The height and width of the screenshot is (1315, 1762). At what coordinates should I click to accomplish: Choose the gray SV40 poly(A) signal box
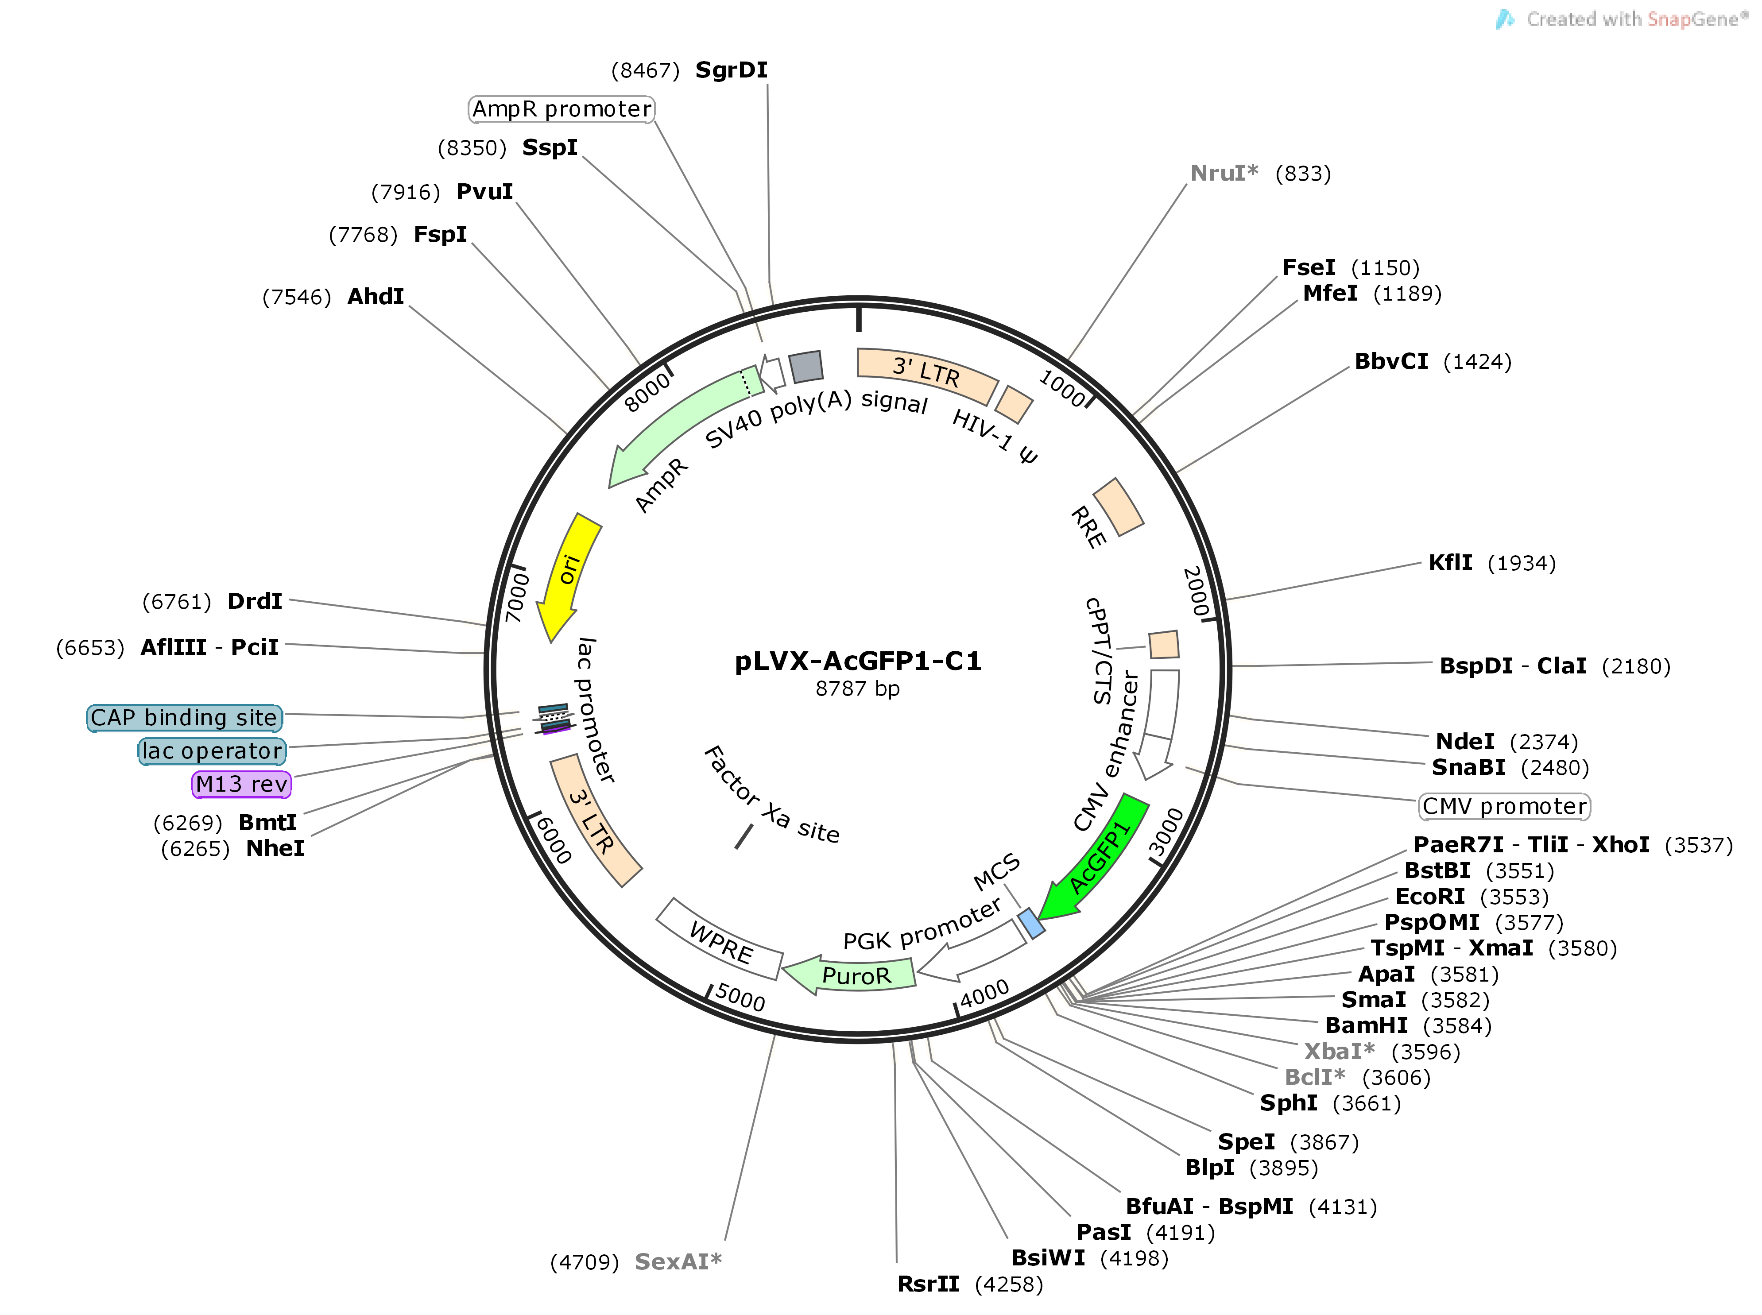[x=806, y=366]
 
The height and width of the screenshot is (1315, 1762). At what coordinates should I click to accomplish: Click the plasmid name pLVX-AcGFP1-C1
[x=857, y=661]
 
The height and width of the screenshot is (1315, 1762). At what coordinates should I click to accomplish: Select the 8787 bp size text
[x=857, y=688]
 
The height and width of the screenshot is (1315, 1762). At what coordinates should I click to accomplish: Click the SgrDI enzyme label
[x=731, y=70]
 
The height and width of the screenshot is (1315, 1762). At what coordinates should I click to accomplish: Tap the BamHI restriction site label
[x=1366, y=1025]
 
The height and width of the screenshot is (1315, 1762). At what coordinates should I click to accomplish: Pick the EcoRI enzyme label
[x=1430, y=896]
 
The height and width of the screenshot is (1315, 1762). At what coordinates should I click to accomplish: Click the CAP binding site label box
[x=184, y=717]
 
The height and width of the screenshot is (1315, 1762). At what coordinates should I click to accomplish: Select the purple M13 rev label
[x=241, y=784]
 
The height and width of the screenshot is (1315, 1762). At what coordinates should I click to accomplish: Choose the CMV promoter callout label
[x=1504, y=806]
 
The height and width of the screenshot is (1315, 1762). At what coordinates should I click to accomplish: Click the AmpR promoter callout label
[x=562, y=109]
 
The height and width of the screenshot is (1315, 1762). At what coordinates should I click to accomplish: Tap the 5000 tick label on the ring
[x=740, y=997]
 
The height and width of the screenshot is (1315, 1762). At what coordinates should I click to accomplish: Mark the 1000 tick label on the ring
[x=1061, y=388]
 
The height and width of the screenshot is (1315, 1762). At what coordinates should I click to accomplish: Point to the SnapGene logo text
[x=1632, y=19]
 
